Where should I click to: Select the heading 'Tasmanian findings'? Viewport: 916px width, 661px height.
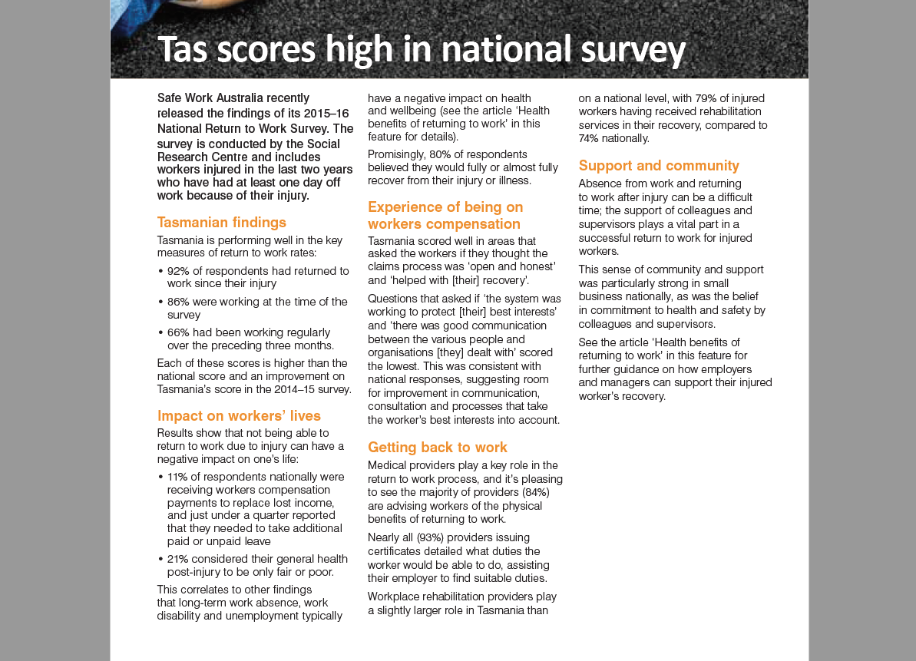221,223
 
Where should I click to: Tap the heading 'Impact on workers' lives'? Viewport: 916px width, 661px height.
239,416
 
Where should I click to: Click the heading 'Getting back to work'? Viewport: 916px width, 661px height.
438,448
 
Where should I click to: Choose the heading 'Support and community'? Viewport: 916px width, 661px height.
659,166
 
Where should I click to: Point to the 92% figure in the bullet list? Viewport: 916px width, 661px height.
178,271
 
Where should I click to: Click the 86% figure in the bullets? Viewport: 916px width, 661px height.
178,302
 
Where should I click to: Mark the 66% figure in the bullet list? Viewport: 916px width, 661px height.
178,332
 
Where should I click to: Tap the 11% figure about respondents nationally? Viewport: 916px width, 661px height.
177,477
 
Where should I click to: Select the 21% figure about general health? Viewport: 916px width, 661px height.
178,559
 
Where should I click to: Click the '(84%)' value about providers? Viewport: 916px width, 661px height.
536,493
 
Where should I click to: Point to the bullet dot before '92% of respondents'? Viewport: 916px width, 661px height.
160,272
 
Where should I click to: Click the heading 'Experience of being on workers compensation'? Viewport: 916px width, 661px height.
445,216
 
